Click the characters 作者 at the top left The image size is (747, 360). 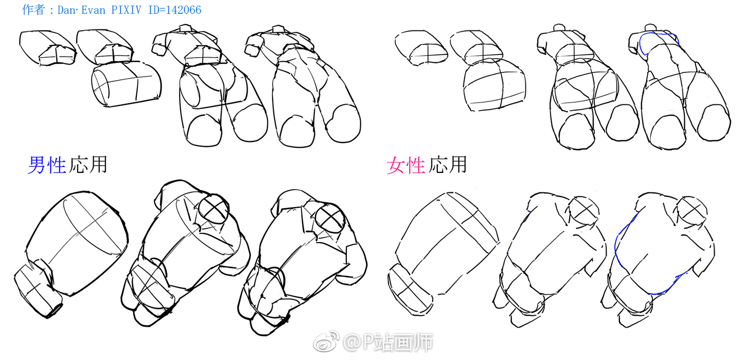33,10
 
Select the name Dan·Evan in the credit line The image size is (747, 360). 81,10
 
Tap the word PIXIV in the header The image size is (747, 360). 127,10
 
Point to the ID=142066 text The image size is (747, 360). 175,10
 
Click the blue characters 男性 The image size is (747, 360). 47,165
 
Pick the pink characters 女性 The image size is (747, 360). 406,165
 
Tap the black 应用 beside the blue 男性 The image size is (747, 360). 88,165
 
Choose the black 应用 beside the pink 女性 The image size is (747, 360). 448,165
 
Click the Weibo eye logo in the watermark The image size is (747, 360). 326,341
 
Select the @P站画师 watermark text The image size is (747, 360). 388,342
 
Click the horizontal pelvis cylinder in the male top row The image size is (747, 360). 126,84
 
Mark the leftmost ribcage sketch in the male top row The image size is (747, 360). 47,48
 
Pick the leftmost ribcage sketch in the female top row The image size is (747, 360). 421,48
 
